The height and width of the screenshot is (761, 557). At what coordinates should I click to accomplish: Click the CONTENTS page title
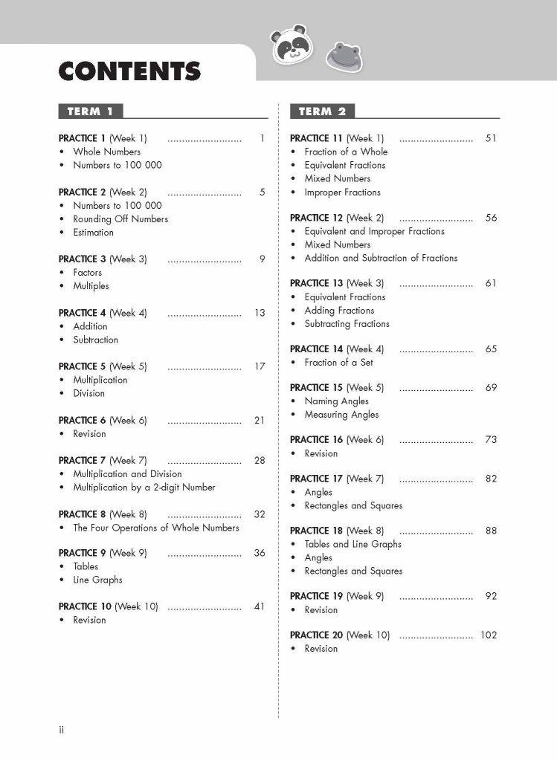point(129,71)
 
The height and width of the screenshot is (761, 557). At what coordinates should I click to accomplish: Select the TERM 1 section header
point(90,111)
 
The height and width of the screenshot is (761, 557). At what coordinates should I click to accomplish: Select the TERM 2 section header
point(322,111)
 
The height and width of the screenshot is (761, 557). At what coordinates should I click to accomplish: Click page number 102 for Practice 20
point(488,635)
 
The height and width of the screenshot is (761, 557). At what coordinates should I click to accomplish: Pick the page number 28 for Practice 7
point(259,461)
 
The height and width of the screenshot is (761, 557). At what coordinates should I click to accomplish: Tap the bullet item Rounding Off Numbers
point(120,219)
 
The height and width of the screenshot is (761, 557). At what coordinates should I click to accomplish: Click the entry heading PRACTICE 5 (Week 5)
point(103,366)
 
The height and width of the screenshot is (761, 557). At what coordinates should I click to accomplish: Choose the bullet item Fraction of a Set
point(338,363)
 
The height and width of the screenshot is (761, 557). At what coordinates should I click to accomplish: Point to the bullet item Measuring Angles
point(341,415)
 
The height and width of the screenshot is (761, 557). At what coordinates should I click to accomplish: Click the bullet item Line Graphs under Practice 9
point(97,580)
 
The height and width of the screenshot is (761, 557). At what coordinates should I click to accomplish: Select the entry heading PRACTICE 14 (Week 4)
point(337,349)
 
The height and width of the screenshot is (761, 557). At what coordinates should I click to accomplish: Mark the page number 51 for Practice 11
point(491,138)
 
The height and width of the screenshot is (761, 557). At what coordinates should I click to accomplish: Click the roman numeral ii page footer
point(62,731)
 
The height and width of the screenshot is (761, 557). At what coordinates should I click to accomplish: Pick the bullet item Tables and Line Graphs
point(352,544)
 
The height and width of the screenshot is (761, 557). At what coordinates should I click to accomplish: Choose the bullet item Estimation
point(93,233)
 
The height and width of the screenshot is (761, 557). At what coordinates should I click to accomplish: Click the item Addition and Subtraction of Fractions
point(381,258)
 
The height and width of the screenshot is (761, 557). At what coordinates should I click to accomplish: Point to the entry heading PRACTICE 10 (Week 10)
point(109,606)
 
